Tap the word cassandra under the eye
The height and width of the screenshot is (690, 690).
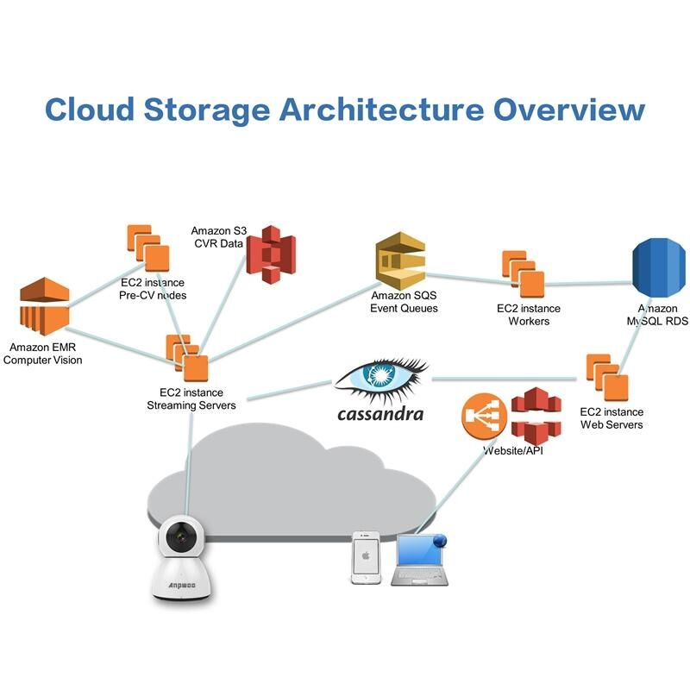tap(379, 414)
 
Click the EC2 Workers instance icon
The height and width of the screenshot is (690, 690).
tap(524, 273)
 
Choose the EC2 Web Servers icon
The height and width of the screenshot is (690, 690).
tap(607, 376)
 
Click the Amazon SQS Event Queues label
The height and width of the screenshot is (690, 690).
tap(404, 302)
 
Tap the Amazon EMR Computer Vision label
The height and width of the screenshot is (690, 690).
tap(43, 354)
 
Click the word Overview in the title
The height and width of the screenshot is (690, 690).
tap(569, 110)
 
